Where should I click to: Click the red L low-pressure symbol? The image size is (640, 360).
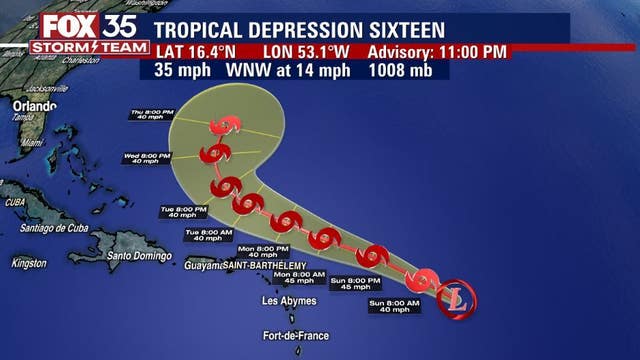(459, 297)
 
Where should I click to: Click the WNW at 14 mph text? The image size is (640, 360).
(288, 71)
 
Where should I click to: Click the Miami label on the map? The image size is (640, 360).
(32, 143)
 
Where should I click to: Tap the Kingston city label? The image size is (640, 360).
(28, 263)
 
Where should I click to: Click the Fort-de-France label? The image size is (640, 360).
(296, 336)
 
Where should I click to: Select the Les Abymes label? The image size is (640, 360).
(288, 301)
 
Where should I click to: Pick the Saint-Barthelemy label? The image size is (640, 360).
(264, 265)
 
